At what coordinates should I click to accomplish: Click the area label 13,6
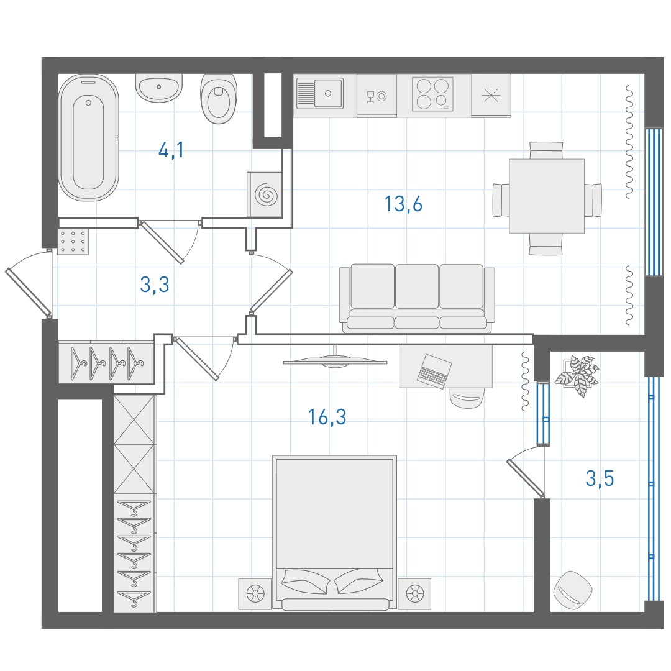coord(403,204)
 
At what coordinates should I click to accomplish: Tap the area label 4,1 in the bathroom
coord(171,150)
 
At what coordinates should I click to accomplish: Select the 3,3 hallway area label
coord(155,285)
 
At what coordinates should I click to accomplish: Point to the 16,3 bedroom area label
coord(327,417)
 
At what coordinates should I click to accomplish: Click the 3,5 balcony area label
coord(600,478)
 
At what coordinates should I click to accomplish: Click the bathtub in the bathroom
coord(89,137)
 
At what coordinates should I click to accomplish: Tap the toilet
coord(218,98)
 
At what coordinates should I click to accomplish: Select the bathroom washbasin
coord(159,88)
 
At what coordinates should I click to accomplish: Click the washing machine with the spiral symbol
coord(265,194)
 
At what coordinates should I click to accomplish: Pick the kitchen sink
coord(320,93)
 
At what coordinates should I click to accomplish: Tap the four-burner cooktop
coord(432,94)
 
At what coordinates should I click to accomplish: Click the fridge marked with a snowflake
coord(491,95)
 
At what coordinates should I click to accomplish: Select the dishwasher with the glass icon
coord(377,96)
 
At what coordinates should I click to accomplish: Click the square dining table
coord(547,196)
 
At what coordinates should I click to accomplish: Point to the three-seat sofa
coord(417,298)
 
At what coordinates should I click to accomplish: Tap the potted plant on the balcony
coord(577,374)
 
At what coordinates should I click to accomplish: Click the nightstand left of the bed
coord(255,594)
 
